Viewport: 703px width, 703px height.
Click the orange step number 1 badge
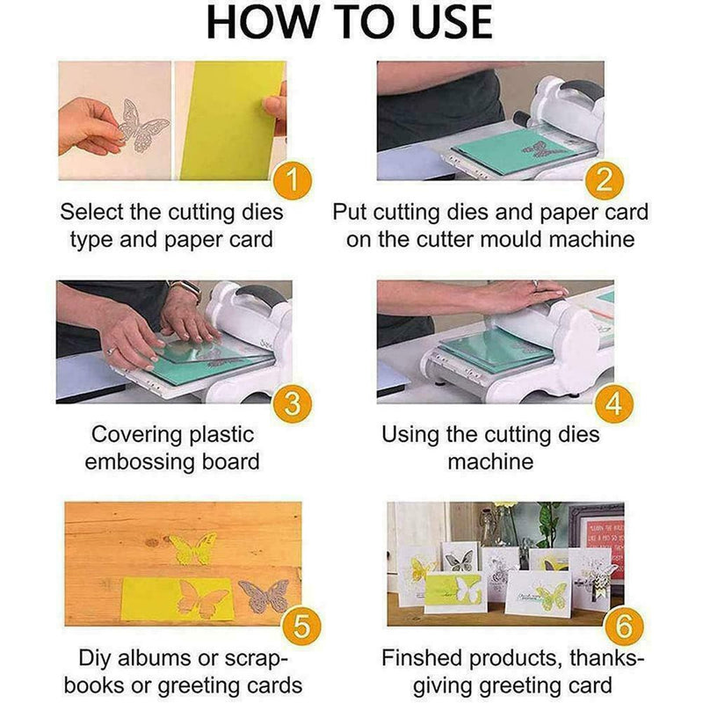(299, 182)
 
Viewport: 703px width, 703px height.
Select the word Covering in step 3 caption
(139, 434)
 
